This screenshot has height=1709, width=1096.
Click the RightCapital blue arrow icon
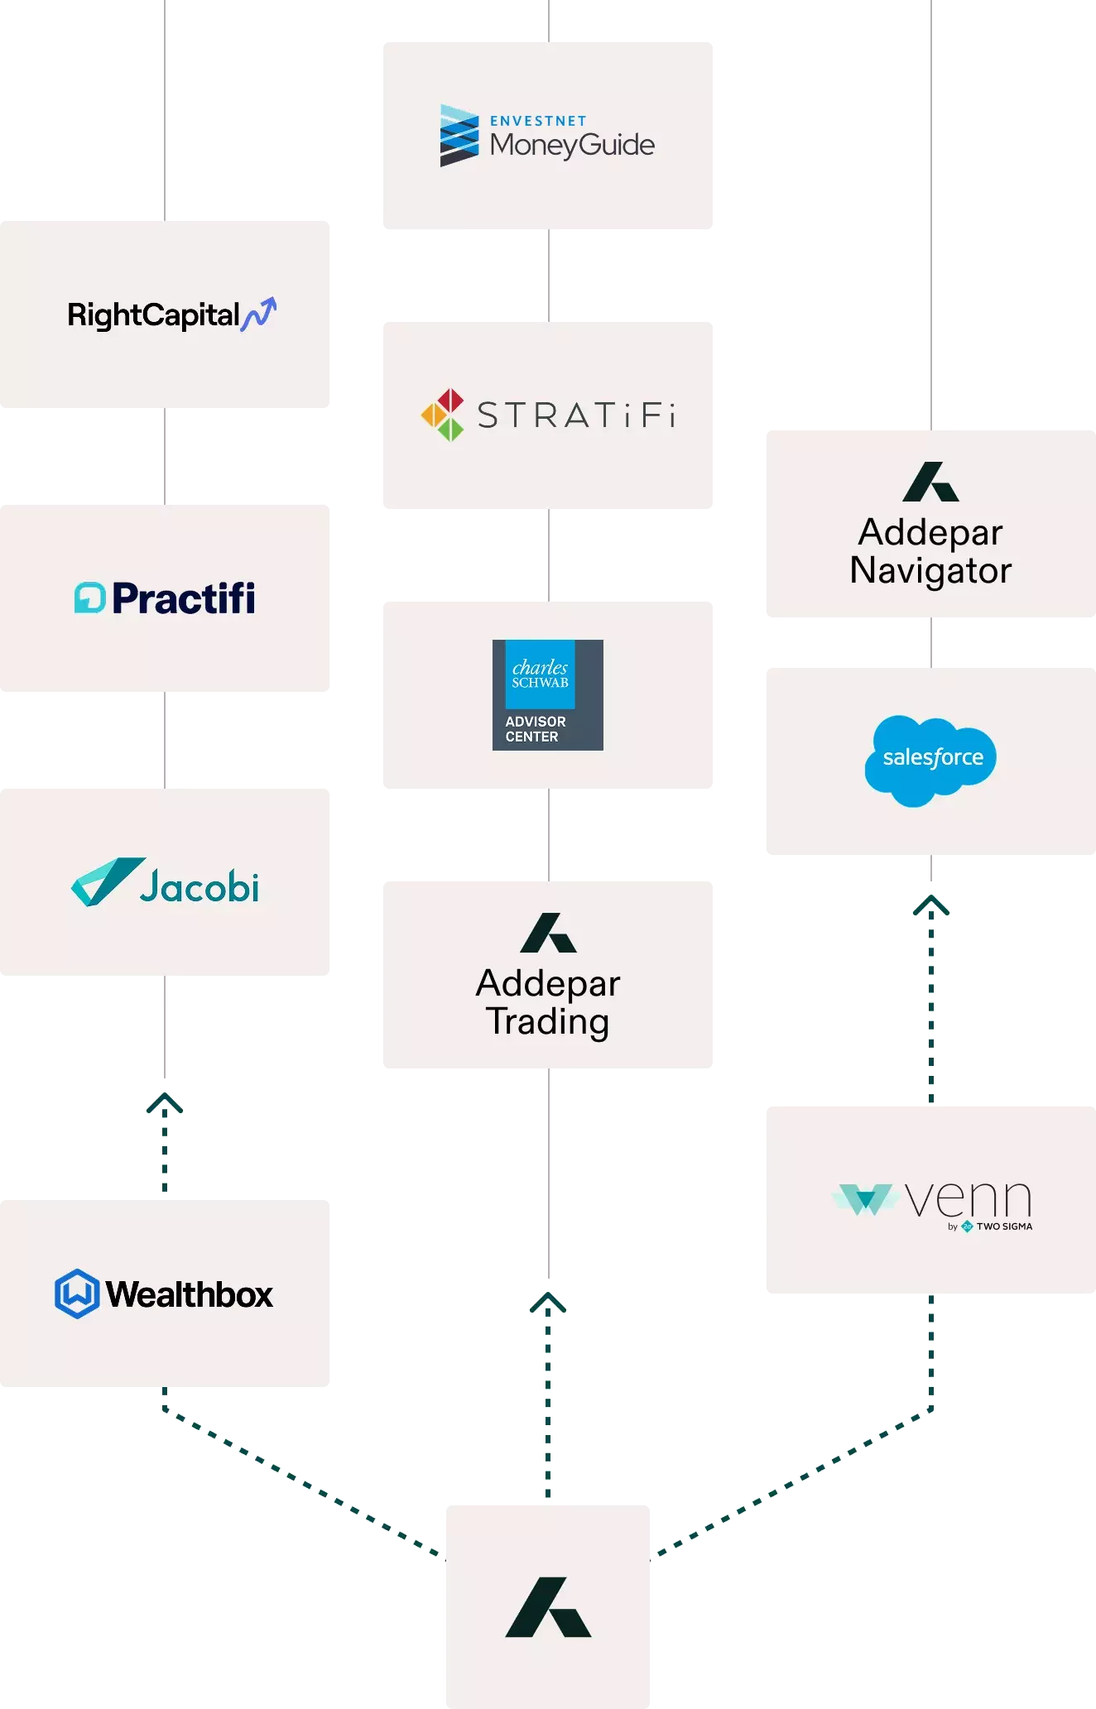(x=259, y=314)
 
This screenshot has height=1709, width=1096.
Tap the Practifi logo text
(x=184, y=598)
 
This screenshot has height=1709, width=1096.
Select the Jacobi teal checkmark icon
(x=108, y=881)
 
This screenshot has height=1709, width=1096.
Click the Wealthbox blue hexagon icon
(x=77, y=1294)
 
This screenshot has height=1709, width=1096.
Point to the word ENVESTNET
(x=538, y=121)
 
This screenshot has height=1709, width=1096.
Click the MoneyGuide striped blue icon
(x=459, y=135)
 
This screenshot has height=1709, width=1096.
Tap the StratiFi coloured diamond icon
(x=443, y=415)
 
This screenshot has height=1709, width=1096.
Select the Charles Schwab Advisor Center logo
(x=548, y=695)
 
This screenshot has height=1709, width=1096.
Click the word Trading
(x=548, y=1022)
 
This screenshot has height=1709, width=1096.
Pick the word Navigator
(x=931, y=571)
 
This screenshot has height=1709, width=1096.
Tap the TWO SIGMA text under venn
(x=1004, y=1227)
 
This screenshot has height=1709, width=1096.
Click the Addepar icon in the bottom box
(x=548, y=1607)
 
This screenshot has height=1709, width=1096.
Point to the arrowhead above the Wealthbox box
(x=165, y=1102)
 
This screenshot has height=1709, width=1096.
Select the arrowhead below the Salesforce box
(x=931, y=905)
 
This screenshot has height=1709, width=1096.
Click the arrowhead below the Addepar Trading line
(x=548, y=1302)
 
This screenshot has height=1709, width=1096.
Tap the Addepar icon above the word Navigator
(x=931, y=482)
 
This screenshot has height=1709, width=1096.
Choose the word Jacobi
(x=199, y=886)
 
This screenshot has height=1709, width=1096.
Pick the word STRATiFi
(x=577, y=415)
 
